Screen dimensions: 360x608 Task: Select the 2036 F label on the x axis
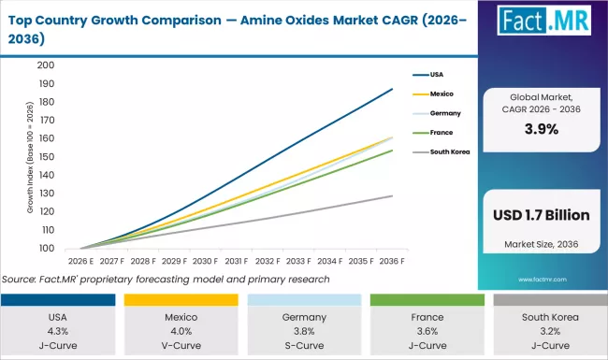392,262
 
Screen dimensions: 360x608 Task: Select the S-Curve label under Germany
303,344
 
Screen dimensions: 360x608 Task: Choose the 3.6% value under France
425,330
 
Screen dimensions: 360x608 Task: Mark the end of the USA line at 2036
392,89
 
